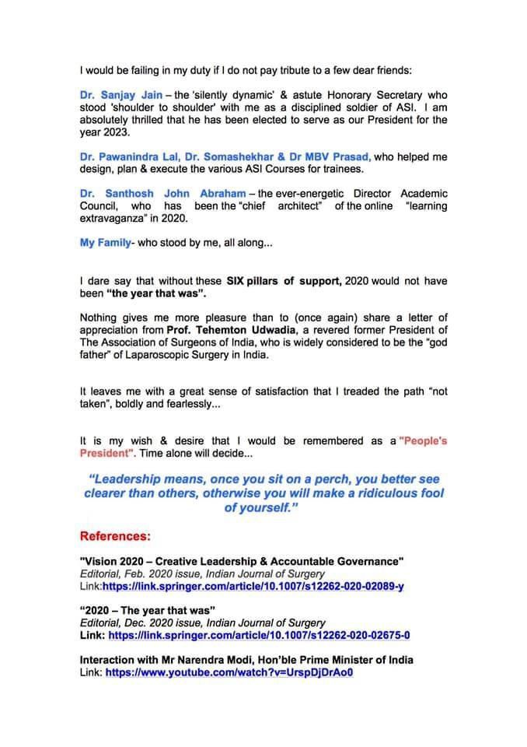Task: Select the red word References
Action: click(x=115, y=537)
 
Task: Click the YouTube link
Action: click(x=229, y=672)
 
